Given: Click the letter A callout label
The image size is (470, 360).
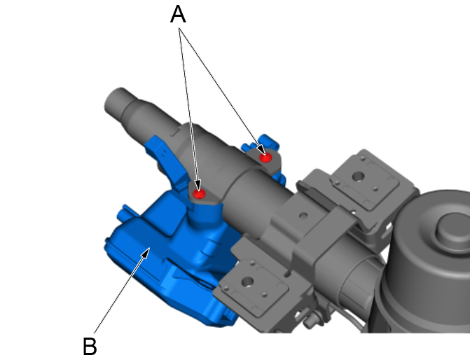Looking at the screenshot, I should click(x=179, y=15).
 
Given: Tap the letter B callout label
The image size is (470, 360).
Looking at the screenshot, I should click(x=90, y=345).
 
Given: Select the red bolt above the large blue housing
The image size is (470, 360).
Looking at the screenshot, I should click(x=200, y=193).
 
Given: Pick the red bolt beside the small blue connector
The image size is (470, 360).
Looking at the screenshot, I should click(x=265, y=158).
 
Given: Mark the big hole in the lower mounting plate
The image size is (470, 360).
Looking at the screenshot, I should click(x=247, y=282).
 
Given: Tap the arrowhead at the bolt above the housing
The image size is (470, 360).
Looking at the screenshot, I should click(x=198, y=188).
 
